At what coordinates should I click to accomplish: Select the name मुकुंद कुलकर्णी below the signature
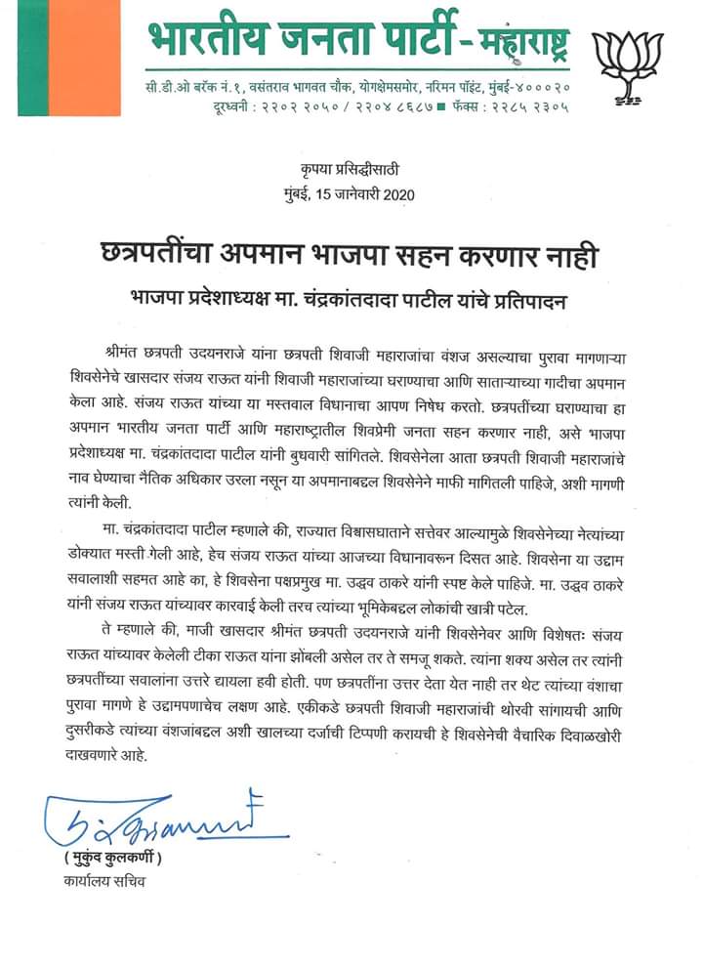click(x=110, y=859)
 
